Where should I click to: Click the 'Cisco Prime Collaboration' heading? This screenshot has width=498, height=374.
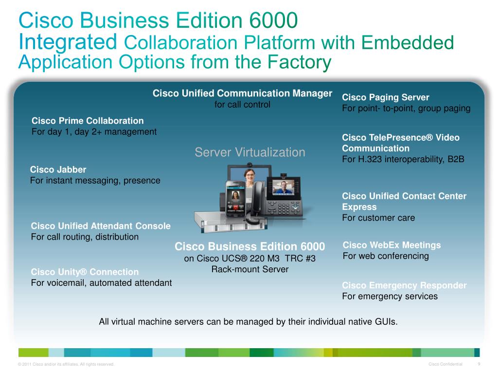(88, 121)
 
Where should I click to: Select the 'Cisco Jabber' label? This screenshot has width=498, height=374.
(58, 169)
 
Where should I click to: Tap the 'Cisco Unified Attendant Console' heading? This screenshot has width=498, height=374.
(101, 226)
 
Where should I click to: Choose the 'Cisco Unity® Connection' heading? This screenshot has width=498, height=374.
(85, 272)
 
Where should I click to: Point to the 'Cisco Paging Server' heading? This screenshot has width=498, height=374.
(386, 97)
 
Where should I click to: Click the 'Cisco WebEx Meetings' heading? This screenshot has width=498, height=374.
(391, 245)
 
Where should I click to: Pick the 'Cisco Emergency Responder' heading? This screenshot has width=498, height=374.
(404, 285)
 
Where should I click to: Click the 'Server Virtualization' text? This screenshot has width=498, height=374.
(250, 152)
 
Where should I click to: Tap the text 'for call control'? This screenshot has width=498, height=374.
(242, 104)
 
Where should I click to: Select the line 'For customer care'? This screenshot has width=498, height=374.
(378, 218)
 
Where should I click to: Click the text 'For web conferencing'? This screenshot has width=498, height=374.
(386, 256)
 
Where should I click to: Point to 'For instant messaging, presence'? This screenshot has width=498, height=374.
(95, 181)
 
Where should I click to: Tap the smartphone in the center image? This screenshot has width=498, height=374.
(235, 199)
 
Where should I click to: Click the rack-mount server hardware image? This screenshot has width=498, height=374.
(230, 222)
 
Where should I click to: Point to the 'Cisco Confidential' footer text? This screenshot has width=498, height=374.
(445, 364)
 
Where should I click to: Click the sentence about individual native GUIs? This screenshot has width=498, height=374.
(248, 322)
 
